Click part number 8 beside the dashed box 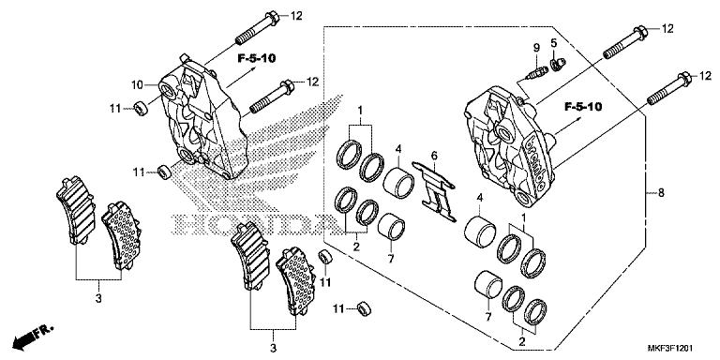pos(661,194)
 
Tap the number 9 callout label pos(537,47)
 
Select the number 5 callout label pos(554,43)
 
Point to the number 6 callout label pos(434,155)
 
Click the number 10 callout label pos(136,82)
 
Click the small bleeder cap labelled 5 pos(558,63)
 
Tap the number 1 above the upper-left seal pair pos(358,112)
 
